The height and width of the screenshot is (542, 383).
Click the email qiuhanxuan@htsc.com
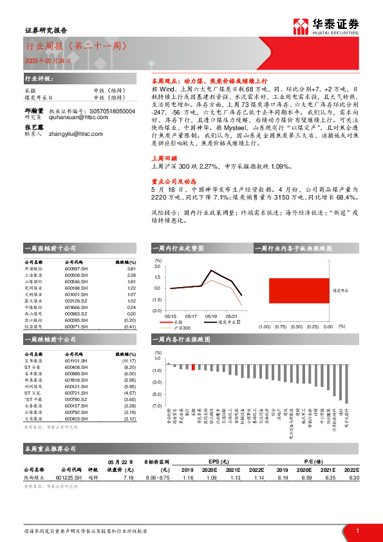[x=75, y=100]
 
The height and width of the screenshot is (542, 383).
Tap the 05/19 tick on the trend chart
[x=210, y=316]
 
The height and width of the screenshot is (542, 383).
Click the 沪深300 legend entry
[x=187, y=328]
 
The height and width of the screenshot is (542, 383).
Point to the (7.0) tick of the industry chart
[x=157, y=406]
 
